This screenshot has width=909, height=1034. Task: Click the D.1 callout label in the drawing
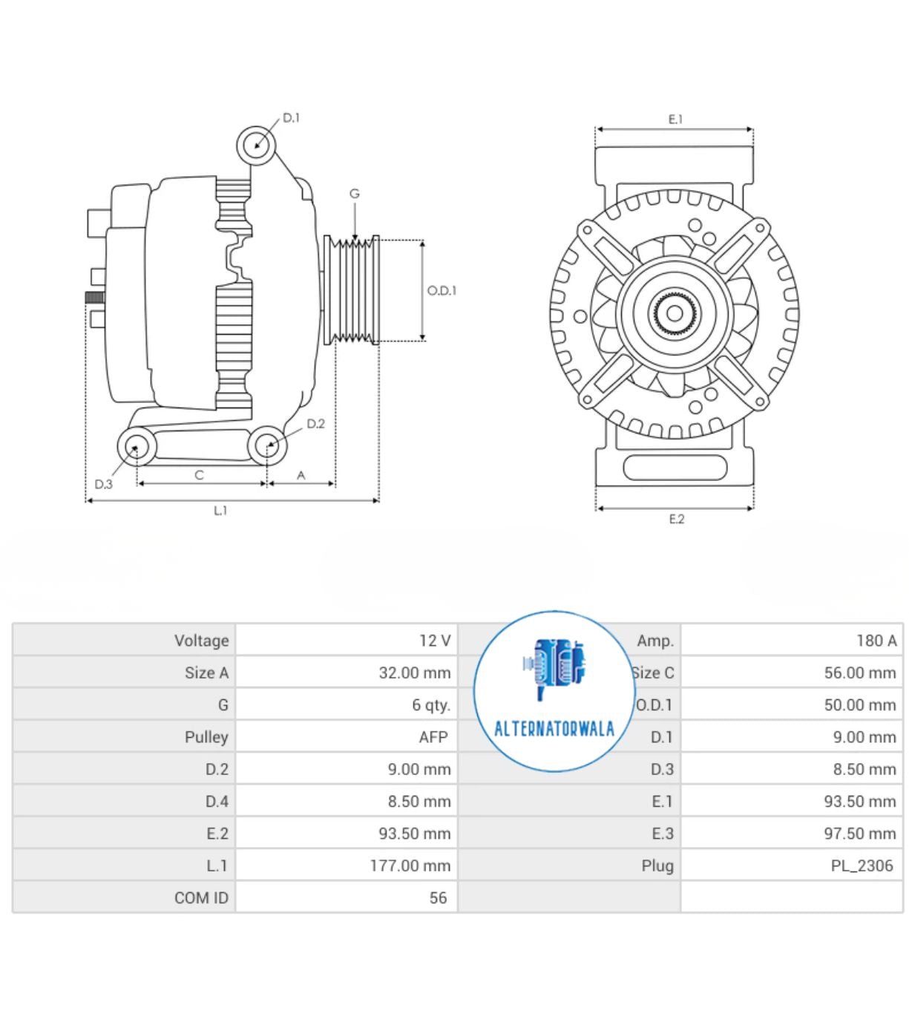point(291,118)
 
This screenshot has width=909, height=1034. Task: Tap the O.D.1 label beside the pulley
point(442,290)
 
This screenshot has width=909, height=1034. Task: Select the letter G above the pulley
point(355,194)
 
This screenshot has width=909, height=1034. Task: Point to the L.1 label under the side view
point(220,511)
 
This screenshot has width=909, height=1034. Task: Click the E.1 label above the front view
point(675,119)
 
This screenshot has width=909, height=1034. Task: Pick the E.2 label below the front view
point(676,519)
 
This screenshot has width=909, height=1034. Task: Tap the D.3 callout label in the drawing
point(103,484)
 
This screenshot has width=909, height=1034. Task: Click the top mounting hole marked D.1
point(257,145)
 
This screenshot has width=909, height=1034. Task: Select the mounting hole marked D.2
point(267,447)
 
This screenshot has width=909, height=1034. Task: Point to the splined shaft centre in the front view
point(675,313)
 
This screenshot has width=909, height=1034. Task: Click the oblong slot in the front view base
point(675,468)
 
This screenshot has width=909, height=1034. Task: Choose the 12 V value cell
point(435,641)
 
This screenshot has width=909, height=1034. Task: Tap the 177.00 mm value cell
point(410,866)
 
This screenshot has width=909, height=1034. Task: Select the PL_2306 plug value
point(862,866)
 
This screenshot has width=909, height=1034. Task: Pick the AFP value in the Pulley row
point(433,737)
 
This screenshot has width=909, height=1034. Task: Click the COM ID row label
point(201,898)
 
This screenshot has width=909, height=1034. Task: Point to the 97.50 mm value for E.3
point(859,834)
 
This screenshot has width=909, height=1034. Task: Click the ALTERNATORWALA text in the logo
point(554,728)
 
